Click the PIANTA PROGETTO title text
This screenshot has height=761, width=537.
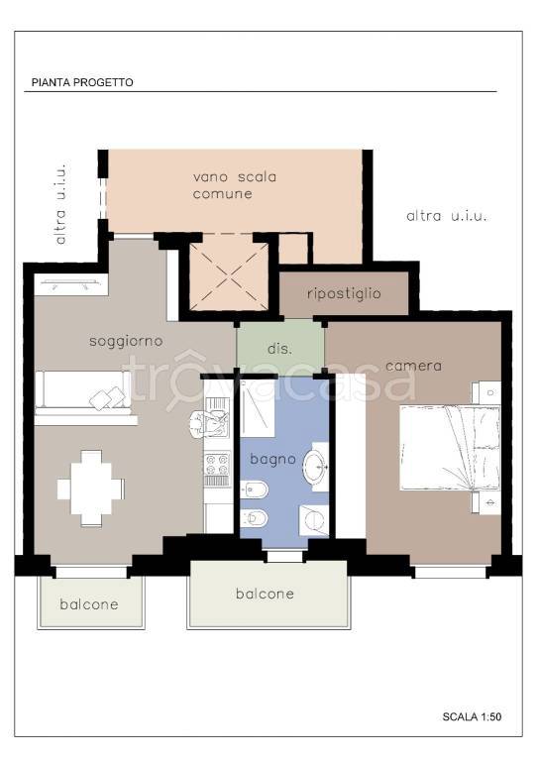[x=82, y=82]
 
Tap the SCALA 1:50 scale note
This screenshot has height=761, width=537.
[x=472, y=716]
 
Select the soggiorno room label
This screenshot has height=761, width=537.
[x=126, y=342]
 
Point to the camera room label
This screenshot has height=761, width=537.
[x=414, y=366]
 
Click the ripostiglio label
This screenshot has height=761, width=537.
[x=344, y=293]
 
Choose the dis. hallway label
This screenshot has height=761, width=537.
[x=280, y=349]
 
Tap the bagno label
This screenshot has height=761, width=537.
[x=272, y=460]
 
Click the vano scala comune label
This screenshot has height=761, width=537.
[x=234, y=185]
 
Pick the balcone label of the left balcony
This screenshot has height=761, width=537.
[x=89, y=604]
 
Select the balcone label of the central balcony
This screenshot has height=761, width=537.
[x=265, y=594]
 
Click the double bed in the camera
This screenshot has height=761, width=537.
[x=449, y=448]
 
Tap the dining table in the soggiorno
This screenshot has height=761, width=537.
[x=91, y=489]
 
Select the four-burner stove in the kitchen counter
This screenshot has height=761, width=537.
[x=217, y=464]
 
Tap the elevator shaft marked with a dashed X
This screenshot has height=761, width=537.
[x=229, y=276]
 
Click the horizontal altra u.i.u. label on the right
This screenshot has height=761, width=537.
[x=446, y=216]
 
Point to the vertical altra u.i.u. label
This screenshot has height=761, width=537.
[x=60, y=204]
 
